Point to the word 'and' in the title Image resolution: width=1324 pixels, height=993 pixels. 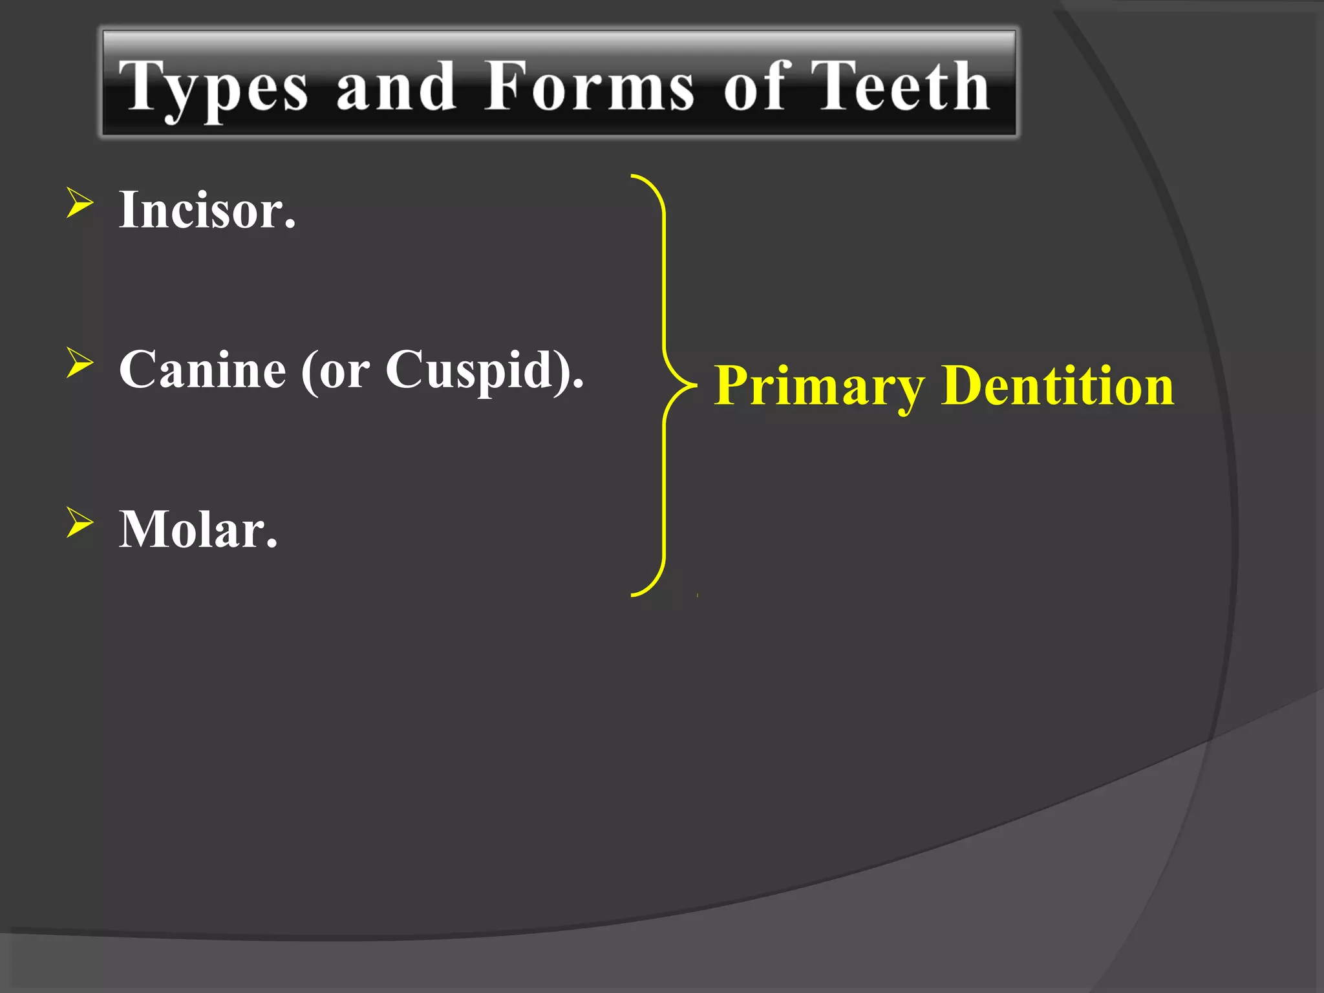(x=395, y=87)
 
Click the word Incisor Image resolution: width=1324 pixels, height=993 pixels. (x=207, y=210)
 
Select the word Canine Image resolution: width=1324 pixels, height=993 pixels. (x=202, y=370)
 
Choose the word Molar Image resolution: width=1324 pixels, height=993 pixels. (x=198, y=529)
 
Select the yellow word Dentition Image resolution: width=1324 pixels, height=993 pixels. (x=1058, y=385)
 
